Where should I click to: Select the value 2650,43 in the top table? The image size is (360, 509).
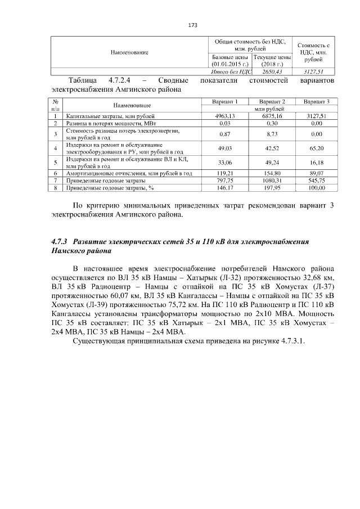(272, 71)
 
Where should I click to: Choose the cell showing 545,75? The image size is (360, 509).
(316, 181)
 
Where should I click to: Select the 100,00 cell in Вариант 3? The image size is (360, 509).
(316, 188)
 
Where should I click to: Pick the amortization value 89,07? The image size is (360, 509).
(316, 174)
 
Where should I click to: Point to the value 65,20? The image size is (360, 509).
(316, 148)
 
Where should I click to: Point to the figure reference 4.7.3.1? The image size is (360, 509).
(291, 344)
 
